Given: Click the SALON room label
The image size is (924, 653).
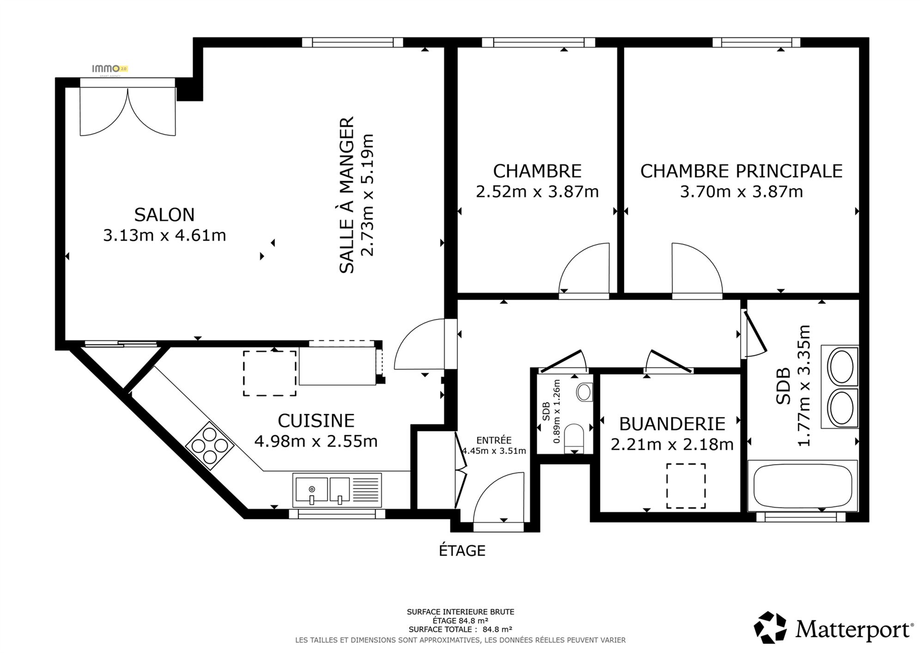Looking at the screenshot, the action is pyautogui.click(x=164, y=215).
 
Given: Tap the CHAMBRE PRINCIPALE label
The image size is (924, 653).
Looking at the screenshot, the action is pyautogui.click(x=741, y=171).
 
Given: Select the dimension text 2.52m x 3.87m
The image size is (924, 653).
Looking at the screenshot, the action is pyautogui.click(x=537, y=191).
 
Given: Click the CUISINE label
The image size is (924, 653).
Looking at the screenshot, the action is pyautogui.click(x=316, y=421).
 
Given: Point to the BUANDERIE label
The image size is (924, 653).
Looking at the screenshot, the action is pyautogui.click(x=672, y=423).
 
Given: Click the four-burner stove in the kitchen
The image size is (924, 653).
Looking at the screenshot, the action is pyautogui.click(x=210, y=446).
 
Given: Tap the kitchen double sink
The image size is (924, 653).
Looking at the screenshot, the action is pyautogui.click(x=337, y=490).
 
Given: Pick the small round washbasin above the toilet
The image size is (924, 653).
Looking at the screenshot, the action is pyautogui.click(x=584, y=393).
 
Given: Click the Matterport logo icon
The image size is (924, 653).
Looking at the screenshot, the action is pyautogui.click(x=771, y=627).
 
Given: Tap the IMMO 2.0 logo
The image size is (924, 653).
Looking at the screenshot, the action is pyautogui.click(x=109, y=69).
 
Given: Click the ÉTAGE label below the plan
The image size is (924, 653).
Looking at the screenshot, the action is pyautogui.click(x=462, y=550).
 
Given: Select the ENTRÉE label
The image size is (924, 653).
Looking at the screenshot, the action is pyautogui.click(x=494, y=440).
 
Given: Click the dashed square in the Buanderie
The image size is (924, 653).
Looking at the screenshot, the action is pyautogui.click(x=686, y=486).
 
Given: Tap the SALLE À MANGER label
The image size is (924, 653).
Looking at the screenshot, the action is pyautogui.click(x=346, y=195).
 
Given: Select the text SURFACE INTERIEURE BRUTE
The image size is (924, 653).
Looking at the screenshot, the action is pyautogui.click(x=460, y=612).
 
